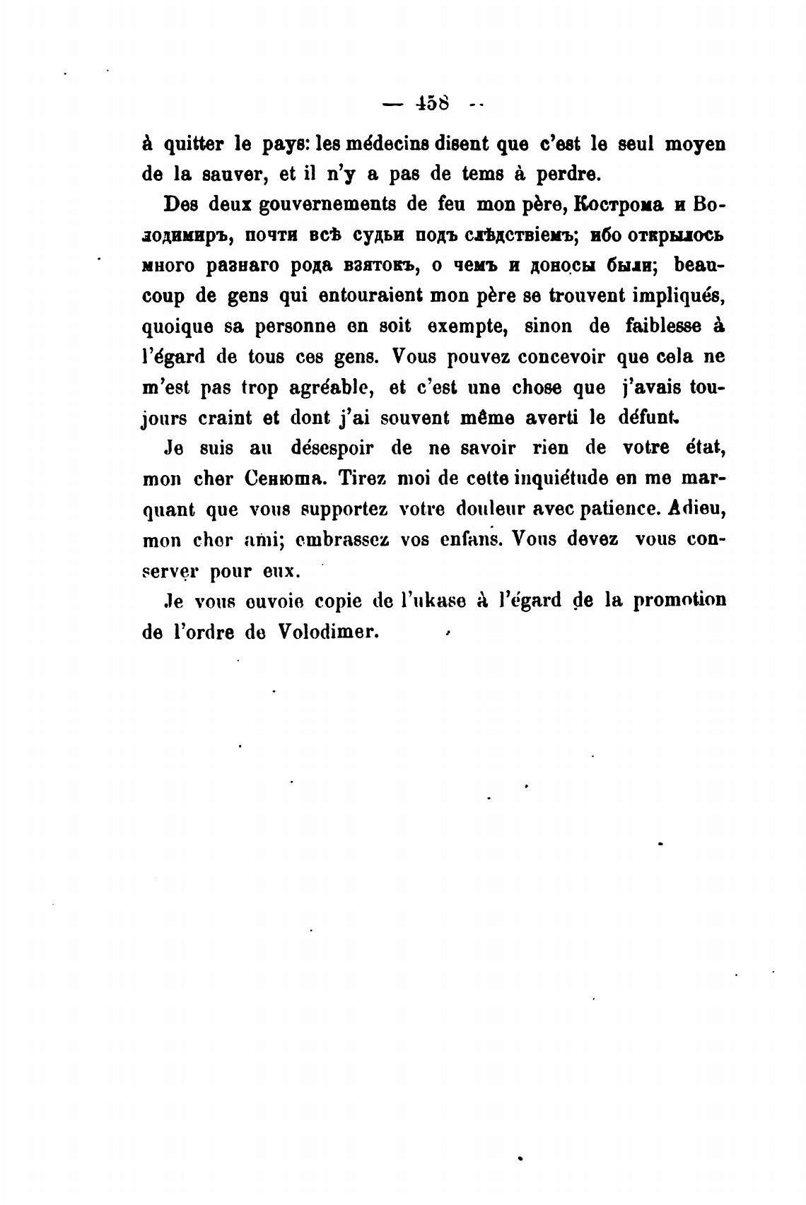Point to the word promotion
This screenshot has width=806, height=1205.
[679, 600]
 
